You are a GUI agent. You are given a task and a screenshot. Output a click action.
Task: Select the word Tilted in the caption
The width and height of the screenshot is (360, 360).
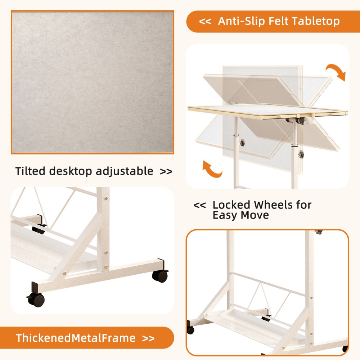click(30, 171)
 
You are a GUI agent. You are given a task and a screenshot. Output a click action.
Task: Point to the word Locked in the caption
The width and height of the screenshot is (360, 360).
click(231, 205)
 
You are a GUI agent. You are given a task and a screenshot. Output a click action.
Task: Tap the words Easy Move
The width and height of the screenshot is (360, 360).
click(240, 215)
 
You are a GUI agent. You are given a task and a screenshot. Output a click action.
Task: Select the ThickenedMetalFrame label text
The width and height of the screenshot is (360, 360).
click(76, 338)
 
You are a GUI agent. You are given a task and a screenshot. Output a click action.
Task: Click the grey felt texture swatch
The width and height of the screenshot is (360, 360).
click(93, 82)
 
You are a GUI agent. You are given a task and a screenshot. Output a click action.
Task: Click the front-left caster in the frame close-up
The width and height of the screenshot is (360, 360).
click(36, 299)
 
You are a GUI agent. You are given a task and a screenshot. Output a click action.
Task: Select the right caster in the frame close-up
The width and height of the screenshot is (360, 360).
click(160, 276)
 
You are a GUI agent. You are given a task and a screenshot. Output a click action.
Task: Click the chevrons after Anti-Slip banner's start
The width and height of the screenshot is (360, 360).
click(205, 22)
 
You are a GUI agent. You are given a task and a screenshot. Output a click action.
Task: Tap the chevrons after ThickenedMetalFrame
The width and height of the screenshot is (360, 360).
click(148, 338)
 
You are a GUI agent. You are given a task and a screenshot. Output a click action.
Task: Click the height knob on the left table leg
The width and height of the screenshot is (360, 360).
click(242, 143)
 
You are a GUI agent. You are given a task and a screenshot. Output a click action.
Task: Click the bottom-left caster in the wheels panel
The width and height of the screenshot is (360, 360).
click(190, 330)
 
